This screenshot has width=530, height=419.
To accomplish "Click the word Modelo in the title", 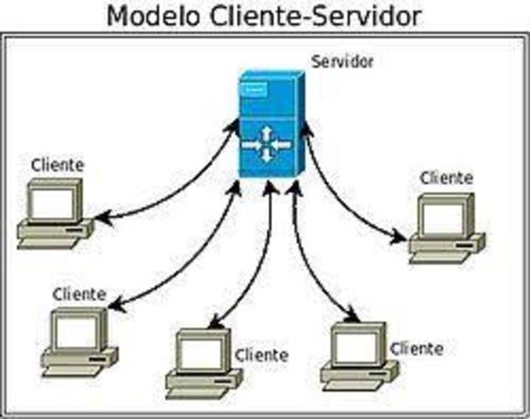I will [153, 15].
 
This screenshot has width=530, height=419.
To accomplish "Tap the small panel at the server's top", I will [254, 89].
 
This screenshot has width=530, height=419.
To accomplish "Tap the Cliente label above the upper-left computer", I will [58, 164].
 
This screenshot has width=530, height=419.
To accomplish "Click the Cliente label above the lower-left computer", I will [79, 293].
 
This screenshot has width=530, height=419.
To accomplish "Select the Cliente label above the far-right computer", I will [446, 178].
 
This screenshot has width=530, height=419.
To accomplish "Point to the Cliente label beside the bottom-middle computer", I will [261, 355].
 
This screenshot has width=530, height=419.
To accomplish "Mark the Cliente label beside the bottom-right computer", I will [416, 348].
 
